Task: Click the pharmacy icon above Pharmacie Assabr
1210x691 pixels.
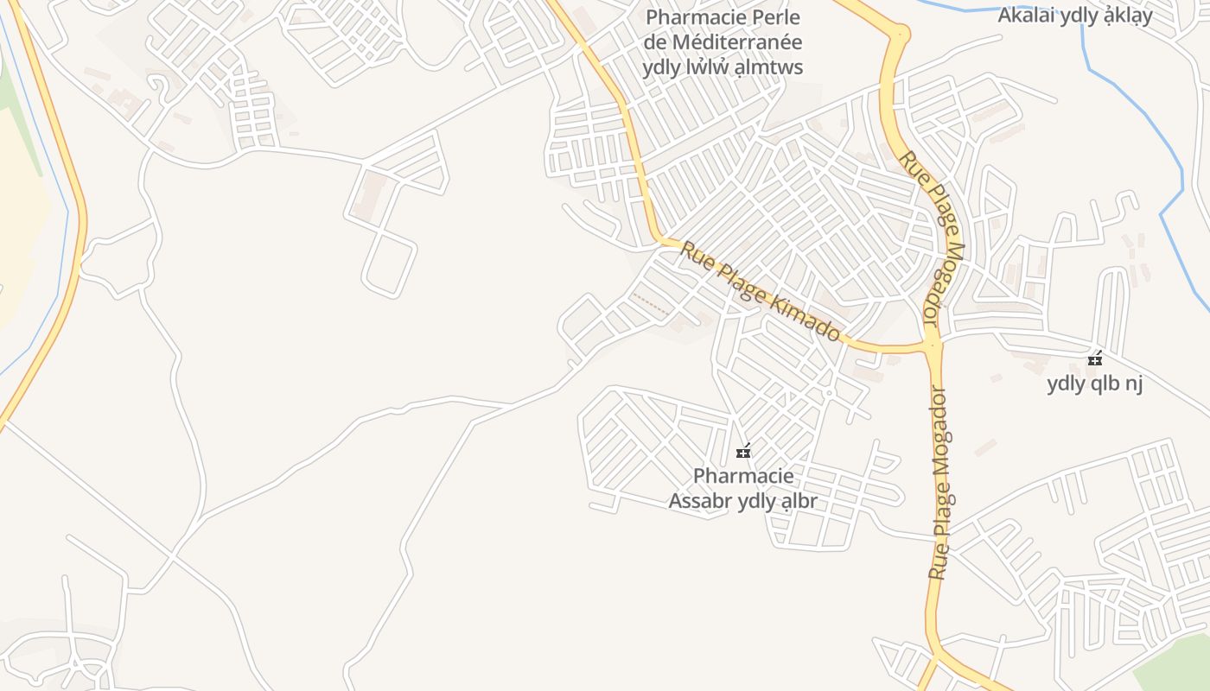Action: [x=742, y=451]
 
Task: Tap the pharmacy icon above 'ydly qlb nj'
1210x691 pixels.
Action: [x=1095, y=358]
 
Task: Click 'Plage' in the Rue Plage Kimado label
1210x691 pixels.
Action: [x=735, y=276]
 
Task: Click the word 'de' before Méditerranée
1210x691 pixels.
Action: [x=655, y=41]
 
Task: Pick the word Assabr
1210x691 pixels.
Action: [x=701, y=501]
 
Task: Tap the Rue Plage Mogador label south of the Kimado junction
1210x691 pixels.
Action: [x=940, y=484]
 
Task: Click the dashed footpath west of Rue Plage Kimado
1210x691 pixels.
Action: [x=650, y=303]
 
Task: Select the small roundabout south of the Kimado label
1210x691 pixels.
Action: [x=828, y=394]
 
